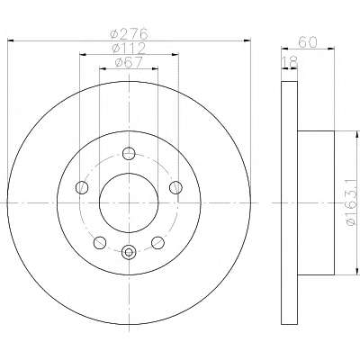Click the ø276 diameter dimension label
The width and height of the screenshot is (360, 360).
click(130, 33)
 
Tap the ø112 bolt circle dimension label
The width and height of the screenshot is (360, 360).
click(129, 48)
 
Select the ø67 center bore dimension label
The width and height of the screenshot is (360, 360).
click(128, 62)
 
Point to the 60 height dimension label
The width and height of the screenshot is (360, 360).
click(308, 42)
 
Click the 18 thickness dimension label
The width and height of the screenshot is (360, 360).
click(290, 62)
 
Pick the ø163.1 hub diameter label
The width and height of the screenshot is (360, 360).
click(351, 202)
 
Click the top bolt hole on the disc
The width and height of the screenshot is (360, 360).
click(129, 154)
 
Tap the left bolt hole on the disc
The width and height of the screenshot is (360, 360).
click(82, 188)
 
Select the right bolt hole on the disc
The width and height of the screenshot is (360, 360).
click(175, 188)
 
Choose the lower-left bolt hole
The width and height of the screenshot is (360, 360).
click(100, 242)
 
